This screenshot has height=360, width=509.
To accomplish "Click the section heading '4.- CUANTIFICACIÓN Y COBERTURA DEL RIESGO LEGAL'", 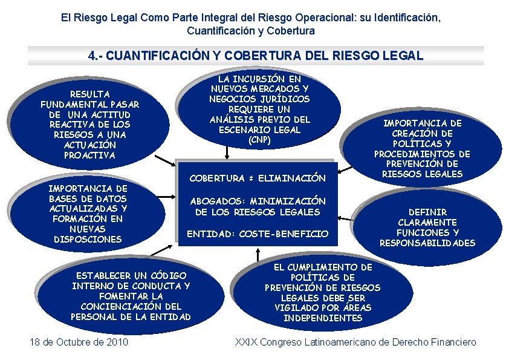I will (x=256, y=56).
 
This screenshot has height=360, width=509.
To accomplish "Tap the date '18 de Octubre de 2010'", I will (x=79, y=342).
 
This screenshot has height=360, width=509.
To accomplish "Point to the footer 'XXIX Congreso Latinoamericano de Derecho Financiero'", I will (x=355, y=342).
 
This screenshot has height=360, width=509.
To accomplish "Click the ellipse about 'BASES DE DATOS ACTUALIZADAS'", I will (x=88, y=214).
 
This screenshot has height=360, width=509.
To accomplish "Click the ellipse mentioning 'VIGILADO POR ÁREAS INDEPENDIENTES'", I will (x=322, y=292).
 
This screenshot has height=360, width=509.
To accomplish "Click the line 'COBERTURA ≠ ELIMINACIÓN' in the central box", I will (x=258, y=178).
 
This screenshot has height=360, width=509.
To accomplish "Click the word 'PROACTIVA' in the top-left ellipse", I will (x=89, y=155).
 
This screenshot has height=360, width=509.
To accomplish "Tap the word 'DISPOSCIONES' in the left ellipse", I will (x=88, y=239).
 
